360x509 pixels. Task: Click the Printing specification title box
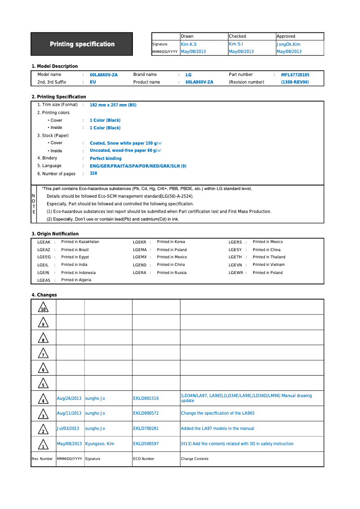click(x=82, y=44)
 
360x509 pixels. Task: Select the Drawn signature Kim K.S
click(x=189, y=44)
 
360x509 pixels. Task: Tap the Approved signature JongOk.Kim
click(x=288, y=44)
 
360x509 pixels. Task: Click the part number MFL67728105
click(x=295, y=75)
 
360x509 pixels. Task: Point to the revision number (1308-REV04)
click(x=295, y=82)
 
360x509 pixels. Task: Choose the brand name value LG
click(x=189, y=75)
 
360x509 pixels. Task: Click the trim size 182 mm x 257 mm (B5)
click(x=113, y=105)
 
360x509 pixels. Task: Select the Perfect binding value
click(x=105, y=159)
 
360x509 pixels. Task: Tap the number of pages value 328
click(x=93, y=173)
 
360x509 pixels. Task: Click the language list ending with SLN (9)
click(x=138, y=166)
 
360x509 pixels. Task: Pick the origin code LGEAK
click(x=44, y=242)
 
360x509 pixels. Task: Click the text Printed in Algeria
click(x=76, y=280)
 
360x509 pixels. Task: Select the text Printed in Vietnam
click(x=268, y=265)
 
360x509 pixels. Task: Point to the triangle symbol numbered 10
click(x=43, y=308)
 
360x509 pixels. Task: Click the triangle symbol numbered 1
click(x=43, y=444)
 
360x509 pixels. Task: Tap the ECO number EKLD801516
click(x=146, y=398)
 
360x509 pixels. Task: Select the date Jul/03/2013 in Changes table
click(x=68, y=429)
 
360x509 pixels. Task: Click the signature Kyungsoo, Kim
click(x=100, y=444)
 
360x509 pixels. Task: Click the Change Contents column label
click(x=194, y=459)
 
